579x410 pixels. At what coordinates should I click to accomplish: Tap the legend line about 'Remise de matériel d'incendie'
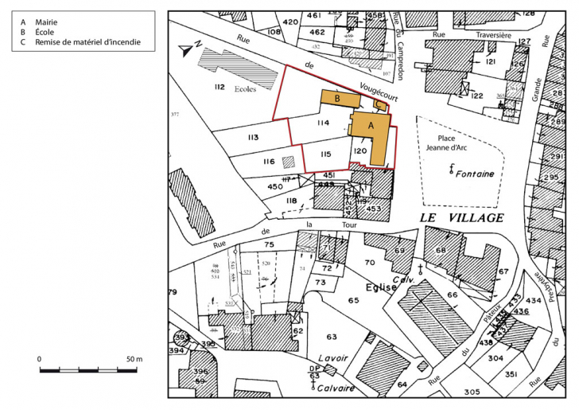[x=75, y=41]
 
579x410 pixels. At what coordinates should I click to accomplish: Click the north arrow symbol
[x=188, y=49]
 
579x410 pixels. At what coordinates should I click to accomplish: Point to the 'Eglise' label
[x=380, y=287]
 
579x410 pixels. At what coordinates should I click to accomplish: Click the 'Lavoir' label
[x=330, y=359]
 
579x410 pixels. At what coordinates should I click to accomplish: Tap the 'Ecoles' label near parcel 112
[x=245, y=89]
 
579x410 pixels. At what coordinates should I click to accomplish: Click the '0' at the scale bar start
[x=40, y=360]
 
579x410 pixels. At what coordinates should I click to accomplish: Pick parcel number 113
[x=253, y=138]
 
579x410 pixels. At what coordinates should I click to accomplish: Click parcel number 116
[x=269, y=162]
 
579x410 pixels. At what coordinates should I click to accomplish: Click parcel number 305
[x=472, y=391]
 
